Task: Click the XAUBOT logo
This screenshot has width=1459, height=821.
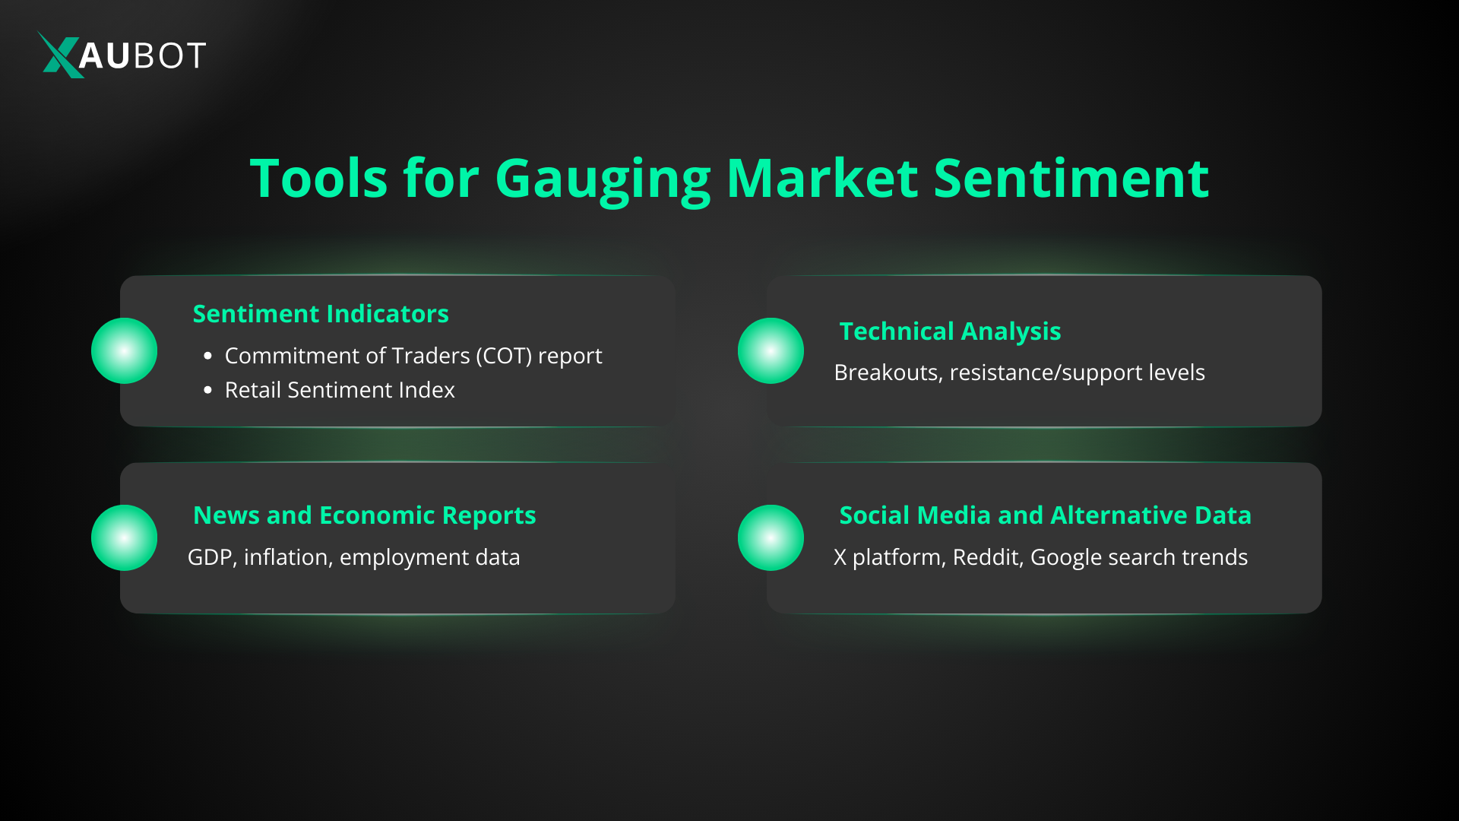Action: tap(122, 55)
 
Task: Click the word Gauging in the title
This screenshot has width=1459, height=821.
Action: tap(603, 181)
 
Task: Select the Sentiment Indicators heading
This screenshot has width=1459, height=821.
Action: tap(321, 314)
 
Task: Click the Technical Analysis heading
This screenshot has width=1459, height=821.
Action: tap(950, 332)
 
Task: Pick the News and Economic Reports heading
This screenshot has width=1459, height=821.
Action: tap(365, 515)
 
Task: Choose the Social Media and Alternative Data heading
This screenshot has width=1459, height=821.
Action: tap(1045, 515)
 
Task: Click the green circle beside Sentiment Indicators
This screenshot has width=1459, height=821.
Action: tap(125, 350)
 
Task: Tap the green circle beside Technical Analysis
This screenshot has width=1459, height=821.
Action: tap(771, 350)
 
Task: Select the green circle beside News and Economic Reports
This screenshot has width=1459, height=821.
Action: tap(125, 537)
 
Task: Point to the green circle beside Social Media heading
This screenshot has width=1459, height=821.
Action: tap(771, 537)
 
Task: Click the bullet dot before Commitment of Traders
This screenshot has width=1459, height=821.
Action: tap(208, 356)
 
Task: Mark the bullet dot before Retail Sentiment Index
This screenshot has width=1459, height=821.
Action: tap(208, 390)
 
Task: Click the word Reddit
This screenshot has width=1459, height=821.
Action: tap(989, 558)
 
